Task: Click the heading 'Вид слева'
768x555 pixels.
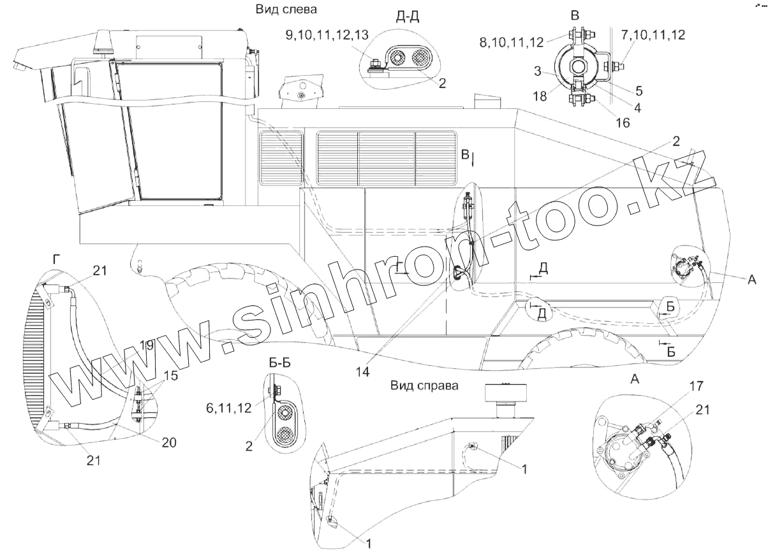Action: point(286,10)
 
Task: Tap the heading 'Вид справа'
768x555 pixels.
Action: point(424,386)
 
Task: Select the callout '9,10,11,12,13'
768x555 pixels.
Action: point(327,35)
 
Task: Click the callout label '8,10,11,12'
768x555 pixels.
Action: point(512,43)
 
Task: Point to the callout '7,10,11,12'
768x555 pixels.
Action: point(653,35)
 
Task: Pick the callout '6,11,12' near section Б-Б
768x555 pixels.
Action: point(228,408)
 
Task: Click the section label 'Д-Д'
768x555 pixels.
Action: point(408,17)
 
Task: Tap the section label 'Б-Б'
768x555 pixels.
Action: point(279,363)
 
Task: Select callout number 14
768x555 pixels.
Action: point(362,371)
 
